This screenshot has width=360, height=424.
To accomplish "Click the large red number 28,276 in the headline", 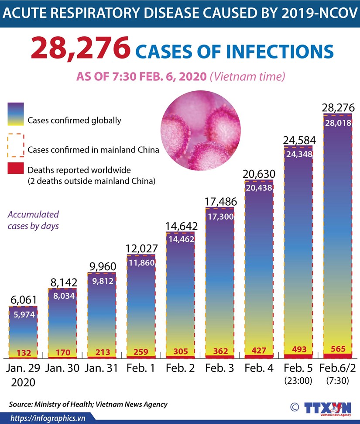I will tap(81, 49).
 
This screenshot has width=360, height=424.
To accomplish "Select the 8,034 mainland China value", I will tap(62, 296).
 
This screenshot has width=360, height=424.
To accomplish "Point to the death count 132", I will tap(23, 353).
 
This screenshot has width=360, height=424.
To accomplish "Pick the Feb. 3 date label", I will tap(219, 368).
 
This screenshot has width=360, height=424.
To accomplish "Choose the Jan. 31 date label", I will tap(101, 368).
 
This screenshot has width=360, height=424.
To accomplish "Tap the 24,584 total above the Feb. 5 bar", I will tap(298, 141).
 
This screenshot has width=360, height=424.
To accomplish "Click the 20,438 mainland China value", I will tap(259, 188).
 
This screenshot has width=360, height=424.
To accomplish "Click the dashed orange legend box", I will tap(16, 145).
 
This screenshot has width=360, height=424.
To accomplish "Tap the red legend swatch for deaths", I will tap(16, 169).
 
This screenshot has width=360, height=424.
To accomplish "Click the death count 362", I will tap(219, 351).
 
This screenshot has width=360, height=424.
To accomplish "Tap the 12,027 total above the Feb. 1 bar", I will tap(141, 248).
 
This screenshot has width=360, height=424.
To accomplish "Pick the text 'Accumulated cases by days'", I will tap(33, 221).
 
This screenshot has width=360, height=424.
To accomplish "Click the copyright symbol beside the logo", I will tap(295, 407).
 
